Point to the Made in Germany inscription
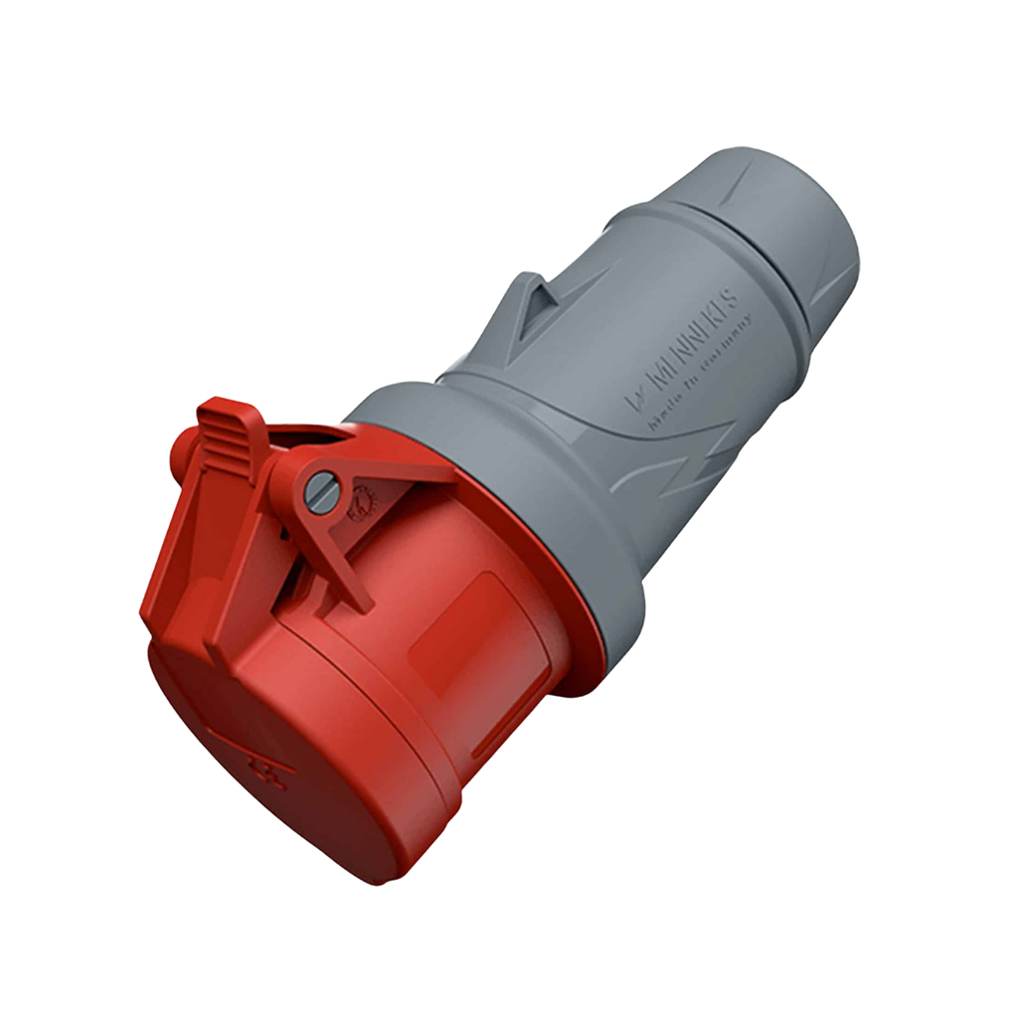coord(702,374)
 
